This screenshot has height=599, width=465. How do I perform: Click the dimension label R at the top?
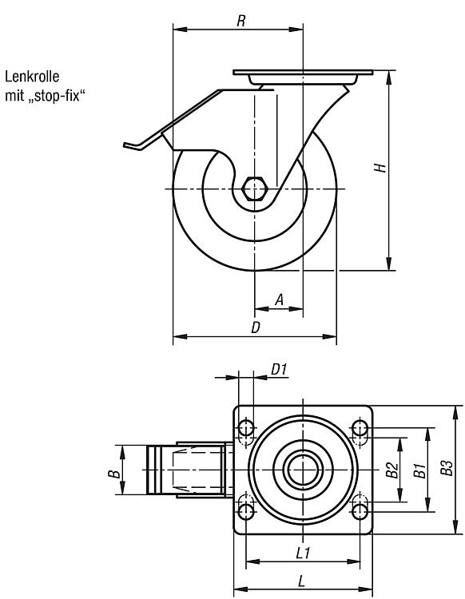240,21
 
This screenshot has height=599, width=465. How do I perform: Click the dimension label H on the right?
380,168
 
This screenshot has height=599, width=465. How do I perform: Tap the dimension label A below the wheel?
280,299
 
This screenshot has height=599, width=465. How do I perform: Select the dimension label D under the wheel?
256,327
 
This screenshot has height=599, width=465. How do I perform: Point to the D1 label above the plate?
279,370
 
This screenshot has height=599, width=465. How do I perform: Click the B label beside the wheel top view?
114,474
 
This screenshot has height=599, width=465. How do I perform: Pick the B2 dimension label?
392,470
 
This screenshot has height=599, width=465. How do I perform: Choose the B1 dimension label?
419,470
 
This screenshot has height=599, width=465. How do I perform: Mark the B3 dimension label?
447,468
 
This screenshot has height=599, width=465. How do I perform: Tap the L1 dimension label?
303,553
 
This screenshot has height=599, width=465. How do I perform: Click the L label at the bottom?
302,581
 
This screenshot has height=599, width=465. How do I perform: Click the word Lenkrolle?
32,77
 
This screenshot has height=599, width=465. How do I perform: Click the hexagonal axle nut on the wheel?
254,188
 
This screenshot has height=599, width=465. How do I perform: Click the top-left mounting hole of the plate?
245,428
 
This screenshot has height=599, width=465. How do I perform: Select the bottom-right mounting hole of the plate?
360,511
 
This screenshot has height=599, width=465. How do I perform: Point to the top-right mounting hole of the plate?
360,428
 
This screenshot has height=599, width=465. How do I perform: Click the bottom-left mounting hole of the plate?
245,511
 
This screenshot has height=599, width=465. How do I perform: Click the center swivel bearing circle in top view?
303,470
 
